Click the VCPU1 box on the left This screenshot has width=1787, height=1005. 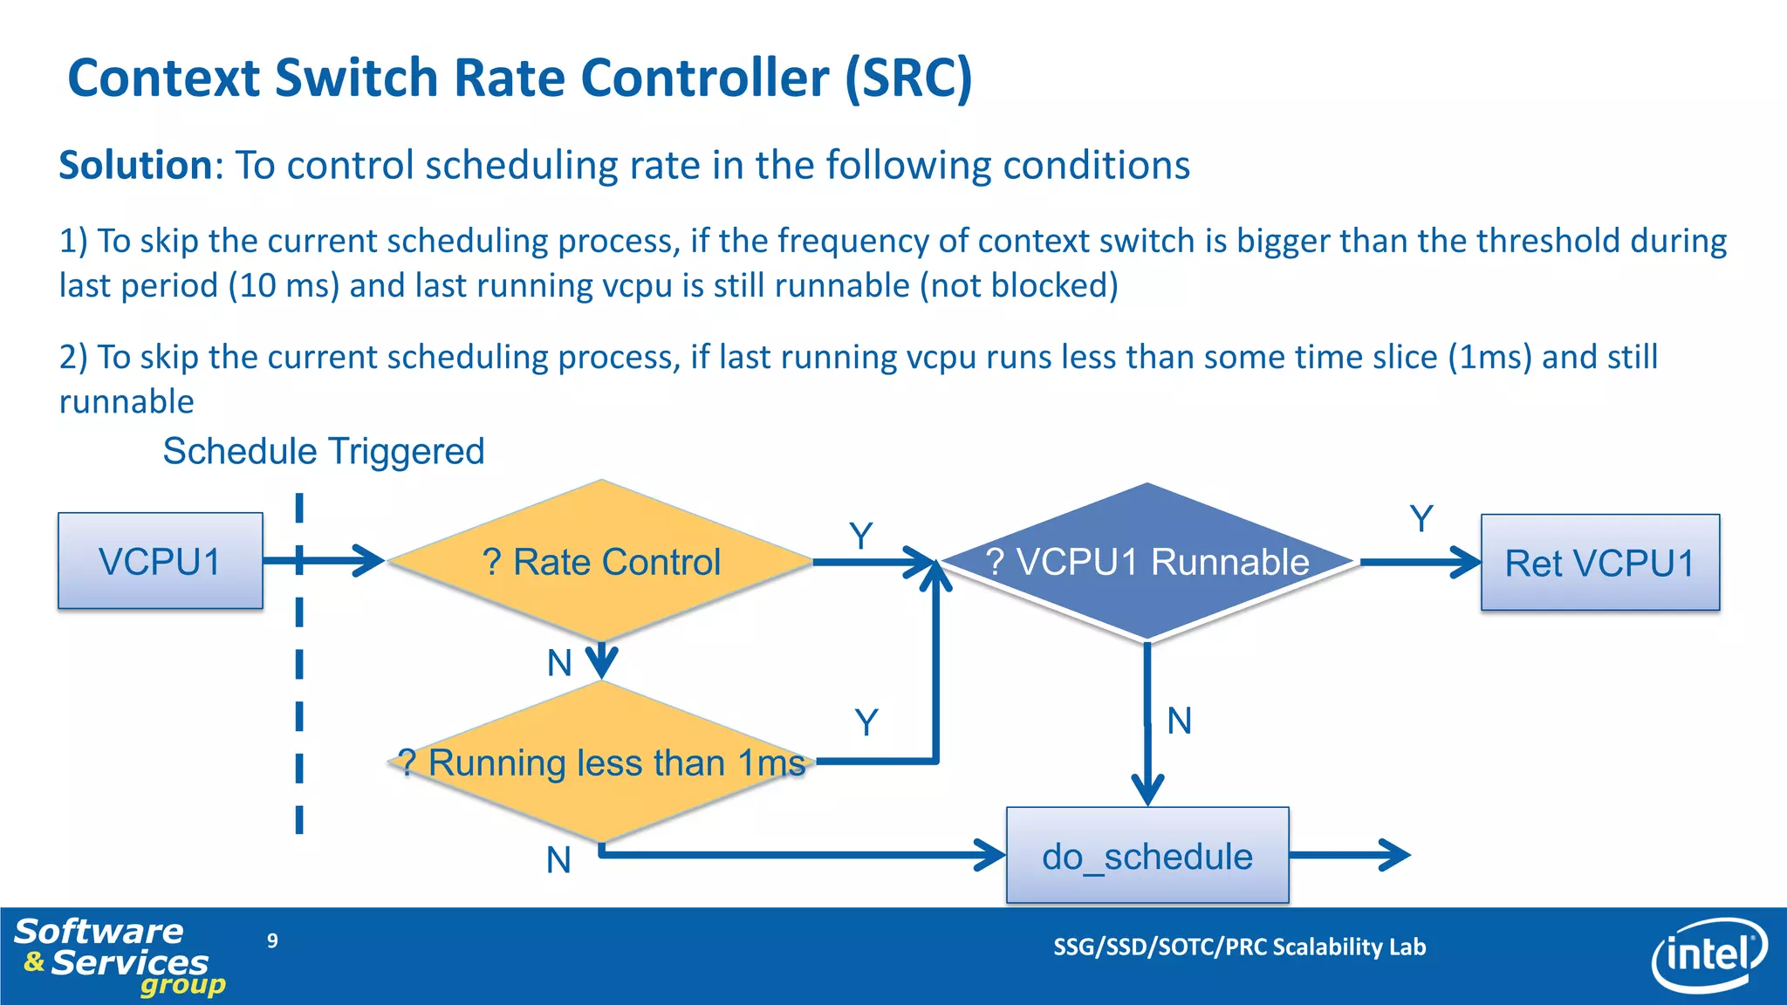160,561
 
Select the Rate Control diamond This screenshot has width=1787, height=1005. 600,561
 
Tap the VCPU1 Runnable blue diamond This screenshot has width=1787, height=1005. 1147,562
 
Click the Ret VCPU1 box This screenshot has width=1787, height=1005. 1599,563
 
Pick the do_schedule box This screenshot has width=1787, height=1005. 1147,856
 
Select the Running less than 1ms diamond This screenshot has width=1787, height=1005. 600,762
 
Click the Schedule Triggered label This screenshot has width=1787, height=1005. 323,451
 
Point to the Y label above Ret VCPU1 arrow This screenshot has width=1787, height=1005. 1421,519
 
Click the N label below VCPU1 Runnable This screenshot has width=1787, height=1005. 1179,721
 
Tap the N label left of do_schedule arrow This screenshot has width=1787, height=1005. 558,860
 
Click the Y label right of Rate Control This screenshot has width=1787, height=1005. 860,536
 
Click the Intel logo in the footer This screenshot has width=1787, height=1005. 1708,955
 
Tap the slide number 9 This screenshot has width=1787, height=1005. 272,940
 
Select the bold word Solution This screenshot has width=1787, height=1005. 135,165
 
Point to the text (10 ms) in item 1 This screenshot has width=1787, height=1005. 283,286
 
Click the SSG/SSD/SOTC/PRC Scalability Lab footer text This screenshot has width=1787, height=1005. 1239,947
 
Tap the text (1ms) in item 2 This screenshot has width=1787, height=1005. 1489,358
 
